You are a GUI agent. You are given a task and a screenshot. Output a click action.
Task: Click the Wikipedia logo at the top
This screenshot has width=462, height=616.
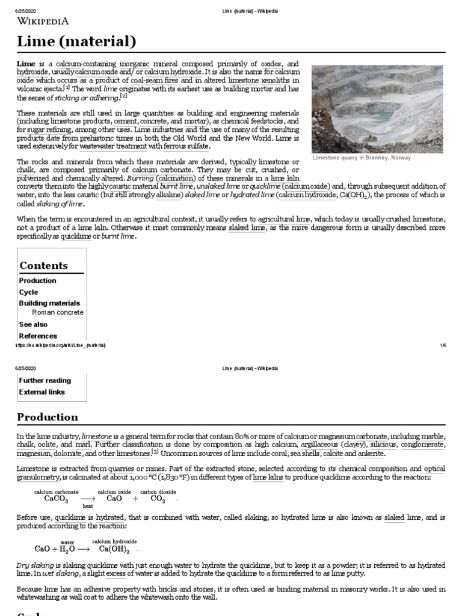43,21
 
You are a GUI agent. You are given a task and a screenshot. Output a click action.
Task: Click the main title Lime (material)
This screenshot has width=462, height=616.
76,42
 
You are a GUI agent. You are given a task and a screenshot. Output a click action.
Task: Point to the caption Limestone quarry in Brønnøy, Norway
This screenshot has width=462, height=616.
362,158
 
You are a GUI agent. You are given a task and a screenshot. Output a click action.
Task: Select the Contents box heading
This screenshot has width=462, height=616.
43,265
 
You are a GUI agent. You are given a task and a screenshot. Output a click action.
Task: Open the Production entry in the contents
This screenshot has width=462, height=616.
37,281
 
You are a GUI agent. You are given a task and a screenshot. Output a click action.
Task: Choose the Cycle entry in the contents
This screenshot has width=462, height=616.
28,292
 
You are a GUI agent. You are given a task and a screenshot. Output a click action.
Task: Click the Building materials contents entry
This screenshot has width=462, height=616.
49,303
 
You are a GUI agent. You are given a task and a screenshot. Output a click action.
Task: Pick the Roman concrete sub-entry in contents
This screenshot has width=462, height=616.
58,313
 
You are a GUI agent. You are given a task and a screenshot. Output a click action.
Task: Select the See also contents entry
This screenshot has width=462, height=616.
33,324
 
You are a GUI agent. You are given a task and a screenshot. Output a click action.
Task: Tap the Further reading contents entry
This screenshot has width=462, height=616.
45,381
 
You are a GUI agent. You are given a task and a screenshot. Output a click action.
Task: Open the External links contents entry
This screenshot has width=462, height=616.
42,392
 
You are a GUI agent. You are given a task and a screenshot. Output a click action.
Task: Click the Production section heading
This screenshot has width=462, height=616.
48,417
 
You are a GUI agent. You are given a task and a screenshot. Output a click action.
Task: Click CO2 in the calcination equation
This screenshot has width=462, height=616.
157,499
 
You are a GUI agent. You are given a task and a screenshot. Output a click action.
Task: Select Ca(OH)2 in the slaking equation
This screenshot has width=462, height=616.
115,549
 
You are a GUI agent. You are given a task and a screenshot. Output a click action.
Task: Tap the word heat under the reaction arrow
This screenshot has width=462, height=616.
88,507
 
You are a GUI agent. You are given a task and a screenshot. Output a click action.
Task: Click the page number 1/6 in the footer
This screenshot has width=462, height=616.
443,345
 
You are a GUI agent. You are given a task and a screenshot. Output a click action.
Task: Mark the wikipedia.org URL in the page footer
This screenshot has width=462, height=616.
61,345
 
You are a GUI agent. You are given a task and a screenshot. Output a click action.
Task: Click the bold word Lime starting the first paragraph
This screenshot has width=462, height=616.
25,64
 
